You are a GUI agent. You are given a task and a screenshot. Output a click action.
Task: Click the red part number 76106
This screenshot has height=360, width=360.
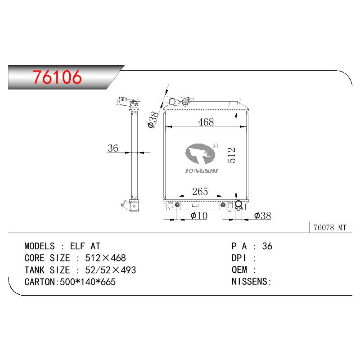click(x=57, y=77)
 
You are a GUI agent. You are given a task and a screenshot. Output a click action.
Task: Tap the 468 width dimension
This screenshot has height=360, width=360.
click(x=206, y=121)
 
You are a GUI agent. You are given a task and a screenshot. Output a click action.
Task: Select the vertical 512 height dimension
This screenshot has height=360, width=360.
click(x=231, y=155)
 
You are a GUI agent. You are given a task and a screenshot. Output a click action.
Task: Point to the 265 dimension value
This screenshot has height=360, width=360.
click(x=200, y=191)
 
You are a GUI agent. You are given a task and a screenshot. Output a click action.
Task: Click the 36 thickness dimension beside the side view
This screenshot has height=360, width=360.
click(x=113, y=148)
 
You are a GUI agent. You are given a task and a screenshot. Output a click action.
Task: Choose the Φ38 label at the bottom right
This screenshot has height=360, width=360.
click(x=262, y=216)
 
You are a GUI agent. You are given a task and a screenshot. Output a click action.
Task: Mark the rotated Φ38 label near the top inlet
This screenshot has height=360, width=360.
click(x=153, y=120)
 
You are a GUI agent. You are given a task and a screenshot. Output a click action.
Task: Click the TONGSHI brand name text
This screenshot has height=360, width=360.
click(x=201, y=171)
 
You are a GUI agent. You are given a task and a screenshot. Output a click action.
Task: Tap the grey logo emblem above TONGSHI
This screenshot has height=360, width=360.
click(x=200, y=153)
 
